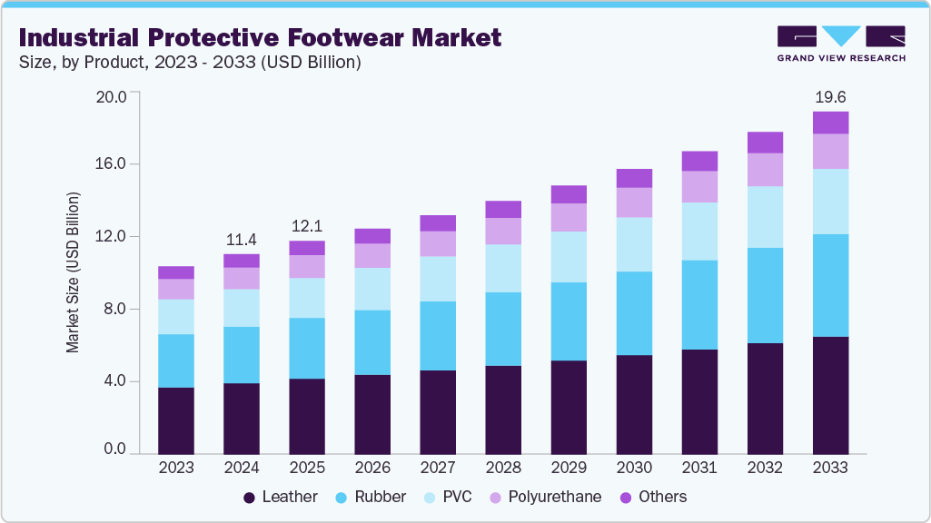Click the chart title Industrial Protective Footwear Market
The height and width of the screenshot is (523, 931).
click(x=259, y=38)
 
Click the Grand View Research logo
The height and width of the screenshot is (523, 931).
click(x=840, y=44)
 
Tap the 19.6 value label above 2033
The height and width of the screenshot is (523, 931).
click(x=829, y=96)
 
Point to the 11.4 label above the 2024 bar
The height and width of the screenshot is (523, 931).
click(x=241, y=240)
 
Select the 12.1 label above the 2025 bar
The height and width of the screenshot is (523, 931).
click(x=306, y=226)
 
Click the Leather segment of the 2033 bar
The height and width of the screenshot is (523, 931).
click(x=830, y=395)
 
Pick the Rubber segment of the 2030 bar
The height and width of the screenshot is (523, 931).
click(x=634, y=313)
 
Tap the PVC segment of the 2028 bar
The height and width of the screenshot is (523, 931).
click(x=503, y=268)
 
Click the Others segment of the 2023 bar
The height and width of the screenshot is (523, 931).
click(x=176, y=272)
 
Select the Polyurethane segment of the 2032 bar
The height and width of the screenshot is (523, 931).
click(x=765, y=170)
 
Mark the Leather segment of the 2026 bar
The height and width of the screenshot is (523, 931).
click(x=372, y=414)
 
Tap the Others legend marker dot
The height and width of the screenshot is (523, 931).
click(x=626, y=497)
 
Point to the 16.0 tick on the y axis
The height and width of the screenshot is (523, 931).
click(x=113, y=164)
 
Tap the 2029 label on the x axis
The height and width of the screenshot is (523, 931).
click(x=569, y=468)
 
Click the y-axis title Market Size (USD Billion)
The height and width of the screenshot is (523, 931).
click(x=73, y=272)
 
